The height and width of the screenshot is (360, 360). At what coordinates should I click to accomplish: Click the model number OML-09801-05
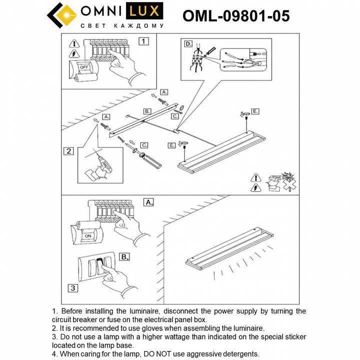(236, 16)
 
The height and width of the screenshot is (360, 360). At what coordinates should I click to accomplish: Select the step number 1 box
(143, 41)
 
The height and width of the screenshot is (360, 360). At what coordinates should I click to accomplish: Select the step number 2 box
(69, 151)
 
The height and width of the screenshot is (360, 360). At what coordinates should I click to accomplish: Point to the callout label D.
(188, 44)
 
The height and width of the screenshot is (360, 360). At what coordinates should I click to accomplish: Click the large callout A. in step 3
(148, 202)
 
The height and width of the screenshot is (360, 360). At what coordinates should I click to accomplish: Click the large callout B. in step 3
(124, 257)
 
